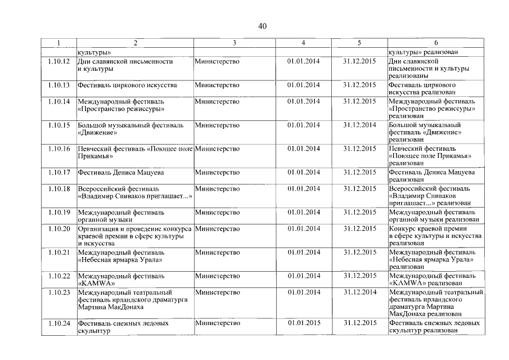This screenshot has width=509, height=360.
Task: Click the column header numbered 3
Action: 234,43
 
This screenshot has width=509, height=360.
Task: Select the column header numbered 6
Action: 436,43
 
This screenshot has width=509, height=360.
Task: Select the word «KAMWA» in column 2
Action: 93,283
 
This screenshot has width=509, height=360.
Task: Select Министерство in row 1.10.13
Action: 217,85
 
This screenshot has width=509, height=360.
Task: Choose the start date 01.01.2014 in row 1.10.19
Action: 303,212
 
